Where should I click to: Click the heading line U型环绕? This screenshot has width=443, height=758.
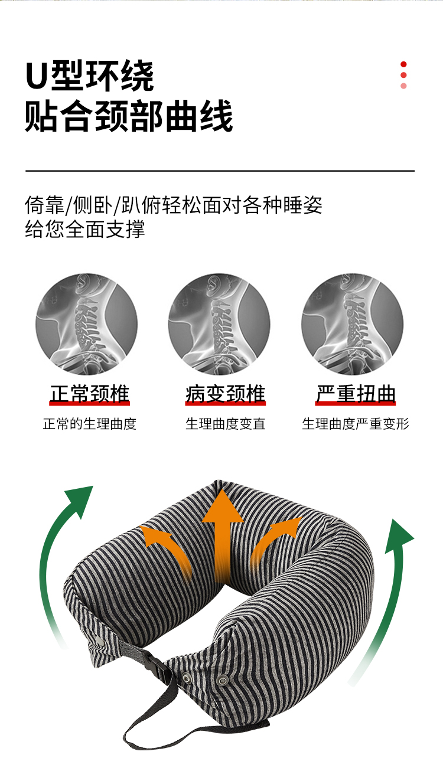pyautogui.click(x=89, y=76)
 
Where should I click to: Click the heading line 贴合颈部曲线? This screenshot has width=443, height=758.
pyautogui.click(x=129, y=116)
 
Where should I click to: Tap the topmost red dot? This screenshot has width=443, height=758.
pyautogui.click(x=403, y=64)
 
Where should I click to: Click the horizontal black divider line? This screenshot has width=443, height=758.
pyautogui.click(x=220, y=171)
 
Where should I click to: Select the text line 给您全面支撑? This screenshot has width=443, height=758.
pyautogui.click(x=85, y=228)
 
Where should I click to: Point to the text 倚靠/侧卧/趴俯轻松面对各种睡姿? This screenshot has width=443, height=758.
pyautogui.click(x=174, y=205)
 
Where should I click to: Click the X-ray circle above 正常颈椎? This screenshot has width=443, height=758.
pyautogui.click(x=86, y=324)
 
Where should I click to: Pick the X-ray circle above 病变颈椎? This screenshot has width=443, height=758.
pyautogui.click(x=219, y=324)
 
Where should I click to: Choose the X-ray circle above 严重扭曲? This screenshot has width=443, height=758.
pyautogui.click(x=353, y=324)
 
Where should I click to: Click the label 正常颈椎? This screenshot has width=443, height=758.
pyautogui.click(x=89, y=394)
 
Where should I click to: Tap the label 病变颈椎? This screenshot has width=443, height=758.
pyautogui.click(x=225, y=394)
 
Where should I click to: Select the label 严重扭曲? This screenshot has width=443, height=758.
pyautogui.click(x=356, y=394)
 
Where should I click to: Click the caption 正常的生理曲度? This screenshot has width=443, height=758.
pyautogui.click(x=89, y=424)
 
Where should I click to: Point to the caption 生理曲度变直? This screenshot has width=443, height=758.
pyautogui.click(x=225, y=424)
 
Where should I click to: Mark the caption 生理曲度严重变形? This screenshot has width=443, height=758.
pyautogui.click(x=356, y=424)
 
